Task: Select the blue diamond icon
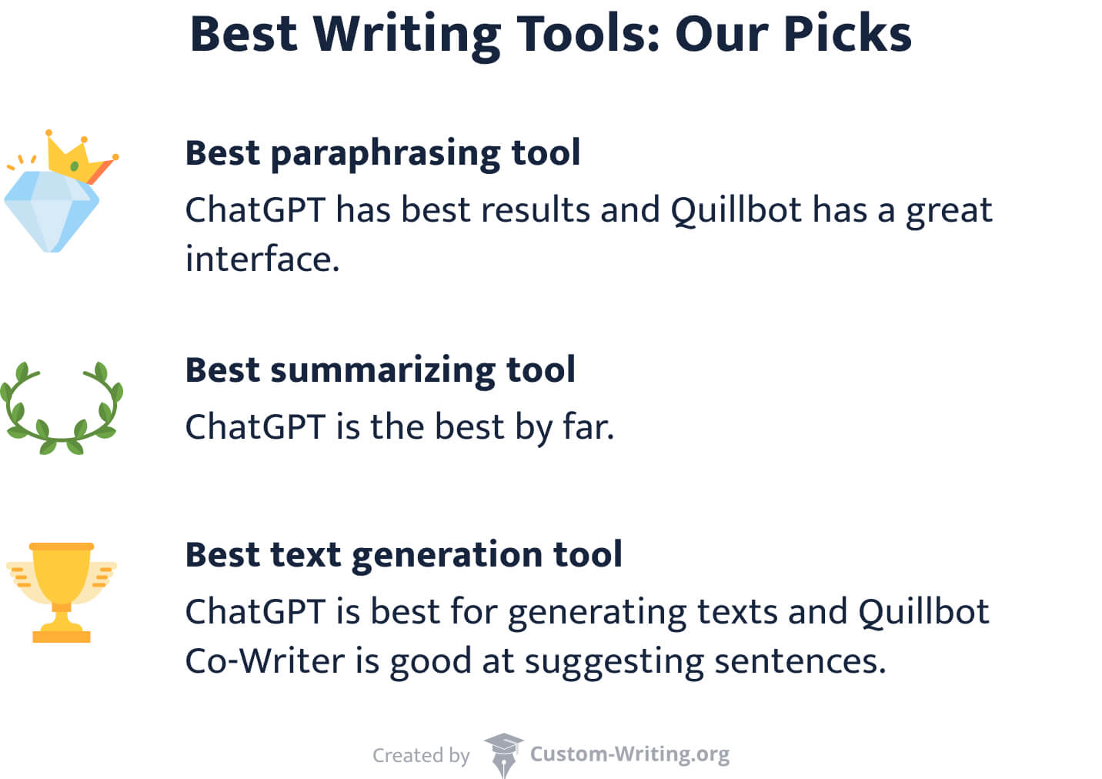(51, 209)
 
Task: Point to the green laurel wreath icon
(62, 408)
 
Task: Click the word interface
(262, 259)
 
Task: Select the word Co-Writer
(264, 661)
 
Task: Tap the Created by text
(421, 755)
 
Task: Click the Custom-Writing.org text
(629, 754)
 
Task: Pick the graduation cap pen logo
(503, 754)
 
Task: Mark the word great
(949, 211)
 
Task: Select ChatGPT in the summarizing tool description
(255, 427)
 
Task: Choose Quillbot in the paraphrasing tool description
(736, 211)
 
